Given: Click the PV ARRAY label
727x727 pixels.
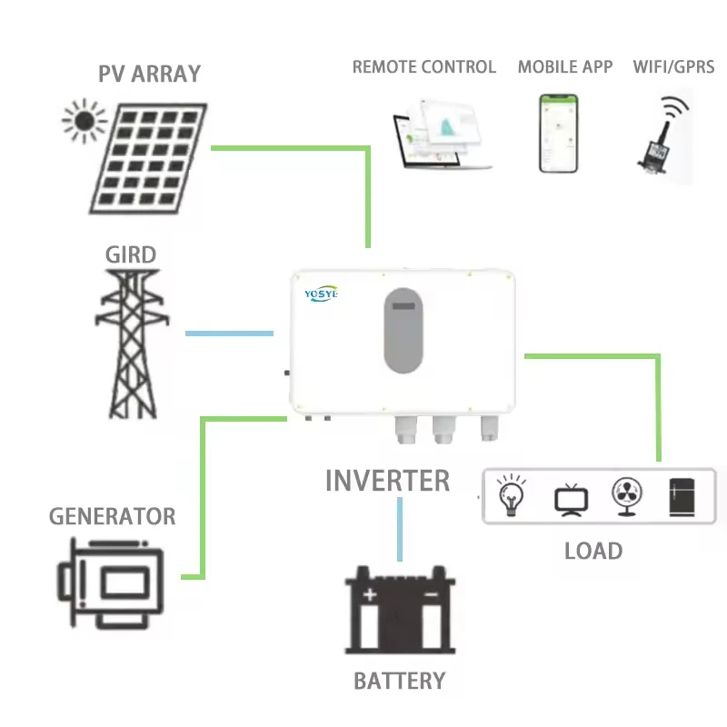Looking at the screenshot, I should click(x=149, y=73).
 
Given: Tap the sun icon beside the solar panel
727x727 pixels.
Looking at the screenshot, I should click(x=84, y=121).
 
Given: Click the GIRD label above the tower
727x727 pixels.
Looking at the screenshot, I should click(x=130, y=254).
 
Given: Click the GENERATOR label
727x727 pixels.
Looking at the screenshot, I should click(x=112, y=516).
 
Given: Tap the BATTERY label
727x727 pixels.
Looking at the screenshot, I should click(x=399, y=680).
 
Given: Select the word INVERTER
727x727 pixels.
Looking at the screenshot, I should click(x=387, y=480).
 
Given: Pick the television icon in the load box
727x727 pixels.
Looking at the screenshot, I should click(x=572, y=499).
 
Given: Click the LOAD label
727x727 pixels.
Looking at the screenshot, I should click(x=593, y=550).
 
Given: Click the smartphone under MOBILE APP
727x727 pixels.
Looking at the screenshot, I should click(x=559, y=133).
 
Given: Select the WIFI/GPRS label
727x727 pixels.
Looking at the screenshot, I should click(x=673, y=67).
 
